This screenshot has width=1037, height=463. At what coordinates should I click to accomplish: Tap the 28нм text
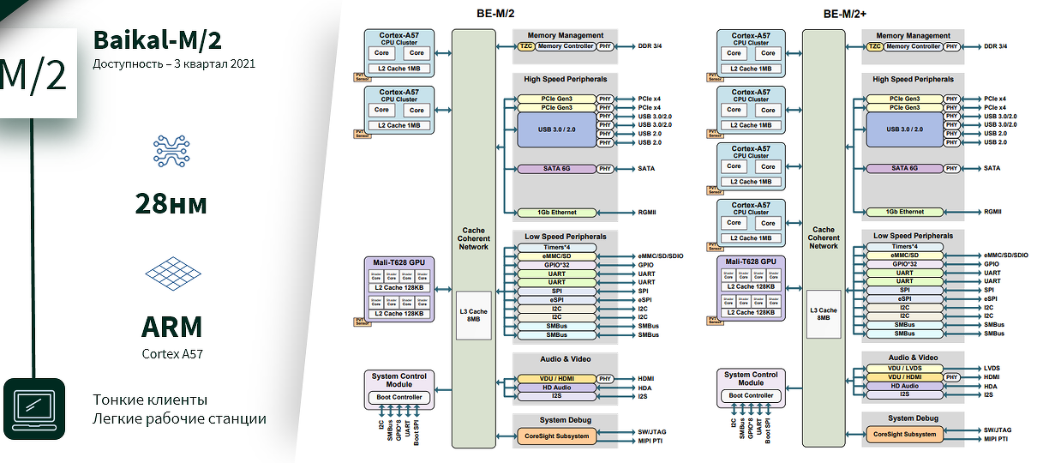[x=171, y=203]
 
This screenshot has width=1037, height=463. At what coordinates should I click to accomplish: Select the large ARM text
[x=172, y=327]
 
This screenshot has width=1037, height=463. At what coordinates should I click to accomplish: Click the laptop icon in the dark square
[x=34, y=409]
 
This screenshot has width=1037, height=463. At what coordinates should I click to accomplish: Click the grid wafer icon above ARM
[x=172, y=272]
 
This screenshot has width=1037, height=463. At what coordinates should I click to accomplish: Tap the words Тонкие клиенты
[x=150, y=400]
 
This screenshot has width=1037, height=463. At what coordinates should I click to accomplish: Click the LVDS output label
[x=992, y=368]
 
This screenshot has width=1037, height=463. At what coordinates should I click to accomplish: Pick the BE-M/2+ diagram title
[x=844, y=14]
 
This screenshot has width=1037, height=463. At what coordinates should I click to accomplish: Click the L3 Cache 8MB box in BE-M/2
[x=473, y=315]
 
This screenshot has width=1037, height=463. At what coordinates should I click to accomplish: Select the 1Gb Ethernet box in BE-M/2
[x=557, y=213]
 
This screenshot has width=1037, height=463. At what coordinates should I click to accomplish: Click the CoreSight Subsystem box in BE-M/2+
[x=903, y=434]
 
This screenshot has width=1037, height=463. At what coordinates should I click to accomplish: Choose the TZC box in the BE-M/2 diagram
[x=525, y=46]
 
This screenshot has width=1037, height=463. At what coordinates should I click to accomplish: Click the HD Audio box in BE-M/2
[x=556, y=388]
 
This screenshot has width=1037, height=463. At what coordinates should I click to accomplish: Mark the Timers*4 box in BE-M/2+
[x=904, y=246]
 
